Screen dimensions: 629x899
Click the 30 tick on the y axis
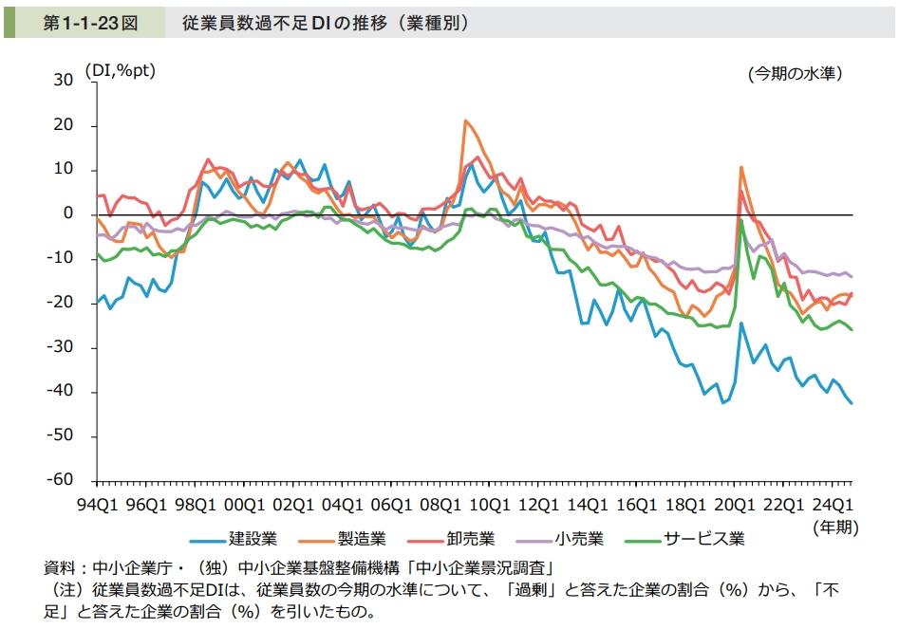64,82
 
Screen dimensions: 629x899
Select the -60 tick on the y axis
60,481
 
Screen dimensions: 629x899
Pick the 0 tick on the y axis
68,214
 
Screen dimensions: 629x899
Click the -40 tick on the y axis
60,392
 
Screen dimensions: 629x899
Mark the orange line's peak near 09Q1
465,121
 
